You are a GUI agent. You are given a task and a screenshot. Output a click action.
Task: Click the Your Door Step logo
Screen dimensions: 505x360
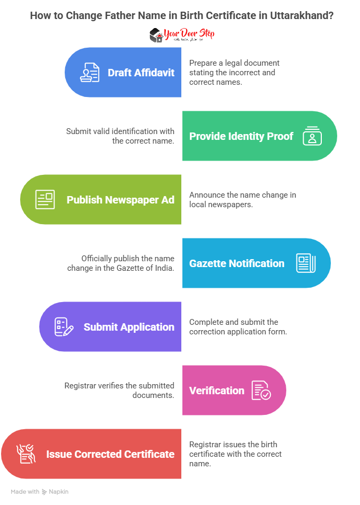pyautogui.click(x=181, y=36)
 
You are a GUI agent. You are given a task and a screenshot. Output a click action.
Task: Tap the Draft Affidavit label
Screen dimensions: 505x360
pyautogui.click(x=141, y=73)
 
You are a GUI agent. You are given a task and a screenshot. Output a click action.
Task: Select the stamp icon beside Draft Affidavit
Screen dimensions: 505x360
pyautogui.click(x=90, y=73)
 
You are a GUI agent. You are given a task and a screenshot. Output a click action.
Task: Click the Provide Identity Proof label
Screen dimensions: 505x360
pyautogui.click(x=241, y=136)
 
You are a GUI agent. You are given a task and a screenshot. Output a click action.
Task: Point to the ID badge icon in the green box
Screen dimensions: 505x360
pyautogui.click(x=312, y=136)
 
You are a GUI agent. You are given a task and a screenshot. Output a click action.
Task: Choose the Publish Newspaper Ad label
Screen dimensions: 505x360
pyautogui.click(x=120, y=200)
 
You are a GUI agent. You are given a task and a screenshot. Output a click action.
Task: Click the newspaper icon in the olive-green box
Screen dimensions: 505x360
pyautogui.click(x=45, y=200)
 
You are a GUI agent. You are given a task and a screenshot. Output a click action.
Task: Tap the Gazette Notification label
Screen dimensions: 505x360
pyautogui.click(x=237, y=263)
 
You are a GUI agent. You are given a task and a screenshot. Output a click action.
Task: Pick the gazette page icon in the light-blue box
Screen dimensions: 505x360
pyautogui.click(x=306, y=263)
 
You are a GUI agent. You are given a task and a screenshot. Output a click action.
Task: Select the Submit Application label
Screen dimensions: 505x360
pyautogui.click(x=129, y=327)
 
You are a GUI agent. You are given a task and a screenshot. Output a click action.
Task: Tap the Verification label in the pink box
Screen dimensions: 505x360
pyautogui.click(x=217, y=391)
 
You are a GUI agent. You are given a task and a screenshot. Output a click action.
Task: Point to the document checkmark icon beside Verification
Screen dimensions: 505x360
pyautogui.click(x=261, y=391)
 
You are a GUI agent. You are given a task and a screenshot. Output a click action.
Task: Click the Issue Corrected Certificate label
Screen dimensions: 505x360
pyautogui.click(x=110, y=454)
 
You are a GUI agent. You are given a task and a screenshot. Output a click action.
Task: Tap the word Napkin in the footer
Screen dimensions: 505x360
pyautogui.click(x=59, y=492)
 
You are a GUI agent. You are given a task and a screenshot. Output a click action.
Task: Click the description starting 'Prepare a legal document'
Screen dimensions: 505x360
pyautogui.click(x=234, y=73)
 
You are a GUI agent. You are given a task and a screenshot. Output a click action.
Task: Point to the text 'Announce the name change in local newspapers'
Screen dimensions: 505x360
pyautogui.click(x=243, y=200)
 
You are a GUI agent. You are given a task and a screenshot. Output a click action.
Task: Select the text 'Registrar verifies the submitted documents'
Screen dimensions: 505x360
pyautogui.click(x=119, y=391)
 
